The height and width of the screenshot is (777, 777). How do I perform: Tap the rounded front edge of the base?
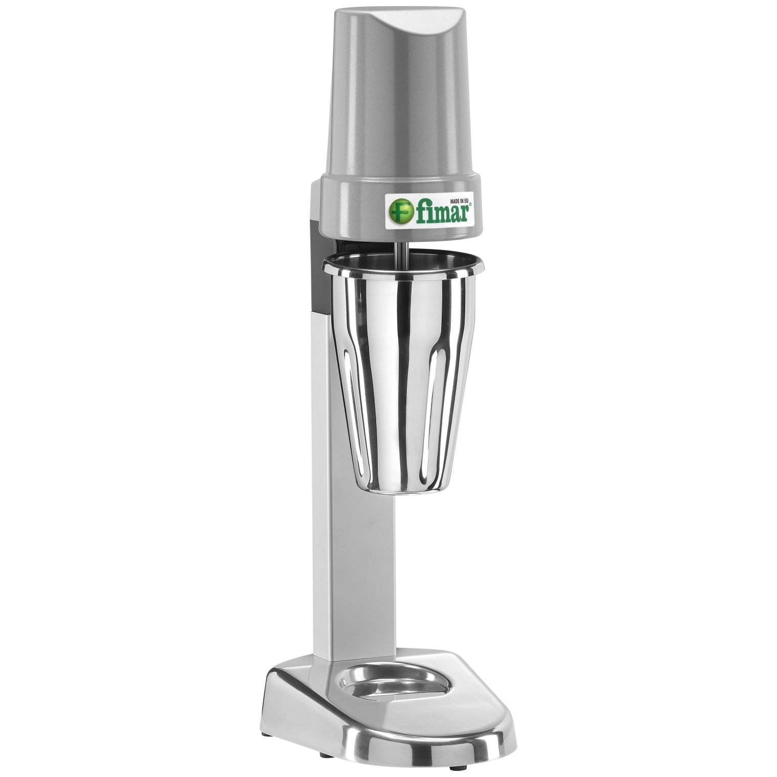coord(450,726)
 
